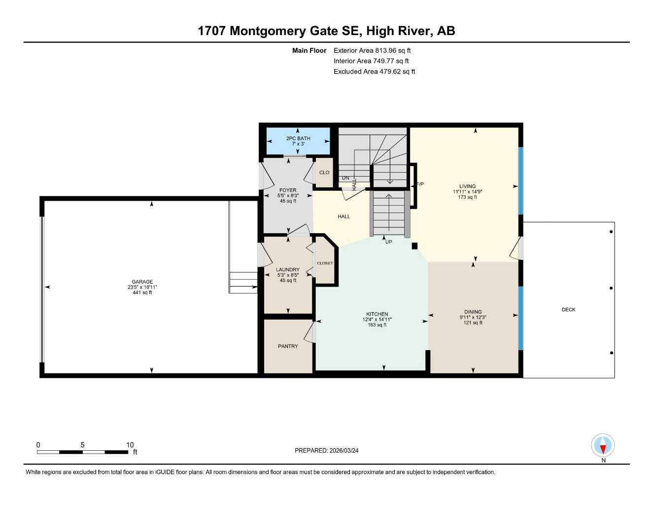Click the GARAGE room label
click(x=142, y=282)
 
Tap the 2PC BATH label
click(x=298, y=138)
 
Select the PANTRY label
click(x=288, y=346)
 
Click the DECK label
click(x=568, y=310)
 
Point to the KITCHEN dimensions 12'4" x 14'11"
click(x=377, y=320)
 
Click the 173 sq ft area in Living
click(x=467, y=197)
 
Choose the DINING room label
click(x=473, y=312)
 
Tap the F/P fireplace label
click(x=420, y=184)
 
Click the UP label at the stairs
click(x=388, y=242)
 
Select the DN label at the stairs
click(x=345, y=178)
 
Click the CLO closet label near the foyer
click(x=324, y=173)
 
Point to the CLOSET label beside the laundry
click(x=325, y=263)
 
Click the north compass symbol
click(x=603, y=446)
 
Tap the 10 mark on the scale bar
click(x=130, y=445)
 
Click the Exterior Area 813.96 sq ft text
click(x=372, y=50)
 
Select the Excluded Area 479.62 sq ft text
click(x=374, y=72)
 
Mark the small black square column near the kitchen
click(x=414, y=246)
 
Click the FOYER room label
click(x=288, y=190)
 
